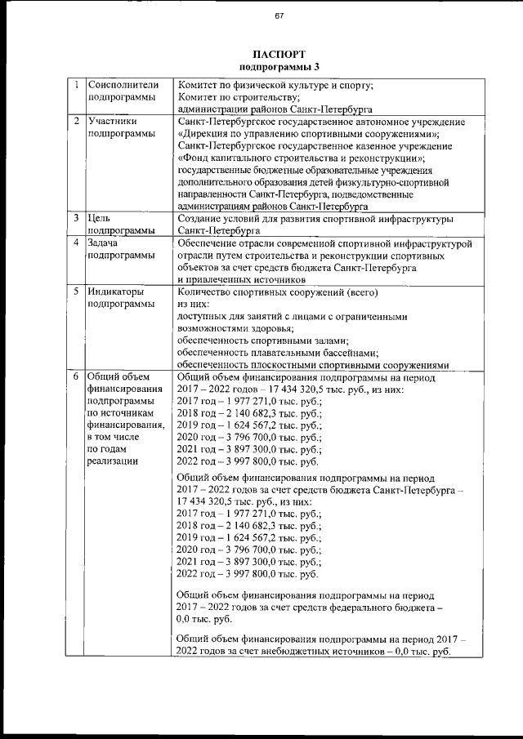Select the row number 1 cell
[75, 84]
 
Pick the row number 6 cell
[75, 378]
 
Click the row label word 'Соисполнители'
[121, 84]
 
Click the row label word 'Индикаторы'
[116, 292]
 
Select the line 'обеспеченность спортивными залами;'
[263, 341]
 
